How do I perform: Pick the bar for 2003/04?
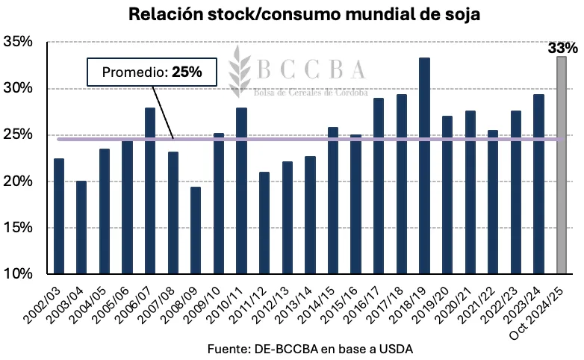pyautogui.click(x=81, y=227)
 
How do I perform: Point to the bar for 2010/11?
pyautogui.click(x=241, y=191)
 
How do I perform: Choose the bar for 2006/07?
pyautogui.click(x=150, y=191)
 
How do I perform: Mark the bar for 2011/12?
pyautogui.click(x=264, y=223)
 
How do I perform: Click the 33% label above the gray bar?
pyautogui.click(x=562, y=49)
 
